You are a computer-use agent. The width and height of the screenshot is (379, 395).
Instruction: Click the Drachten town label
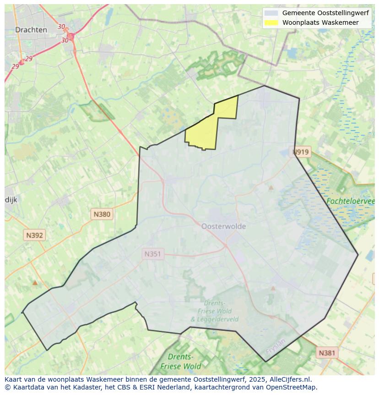(x=31, y=30)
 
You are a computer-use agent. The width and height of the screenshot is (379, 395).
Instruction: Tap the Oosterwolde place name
(x=223, y=226)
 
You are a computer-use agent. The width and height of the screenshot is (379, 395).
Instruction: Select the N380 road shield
(x=102, y=214)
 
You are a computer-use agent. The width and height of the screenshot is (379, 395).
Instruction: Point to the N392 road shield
(x=34, y=235)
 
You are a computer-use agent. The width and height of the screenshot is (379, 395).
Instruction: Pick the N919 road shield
(x=301, y=152)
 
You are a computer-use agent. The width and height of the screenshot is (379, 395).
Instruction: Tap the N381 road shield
(x=327, y=353)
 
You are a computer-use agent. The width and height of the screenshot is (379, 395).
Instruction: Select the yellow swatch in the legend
(x=271, y=22)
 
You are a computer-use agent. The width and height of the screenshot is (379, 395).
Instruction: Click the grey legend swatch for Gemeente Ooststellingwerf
(x=271, y=13)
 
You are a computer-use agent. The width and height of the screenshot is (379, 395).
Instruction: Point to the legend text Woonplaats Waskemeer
(x=320, y=22)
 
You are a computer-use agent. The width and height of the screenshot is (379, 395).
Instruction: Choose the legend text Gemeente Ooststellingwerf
(x=325, y=13)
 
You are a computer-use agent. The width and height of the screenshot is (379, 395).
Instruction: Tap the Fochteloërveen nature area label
(x=350, y=201)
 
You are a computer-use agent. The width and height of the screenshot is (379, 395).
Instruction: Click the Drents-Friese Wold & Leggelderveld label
(x=214, y=311)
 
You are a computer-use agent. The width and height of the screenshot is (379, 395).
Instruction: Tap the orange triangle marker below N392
(x=35, y=283)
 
